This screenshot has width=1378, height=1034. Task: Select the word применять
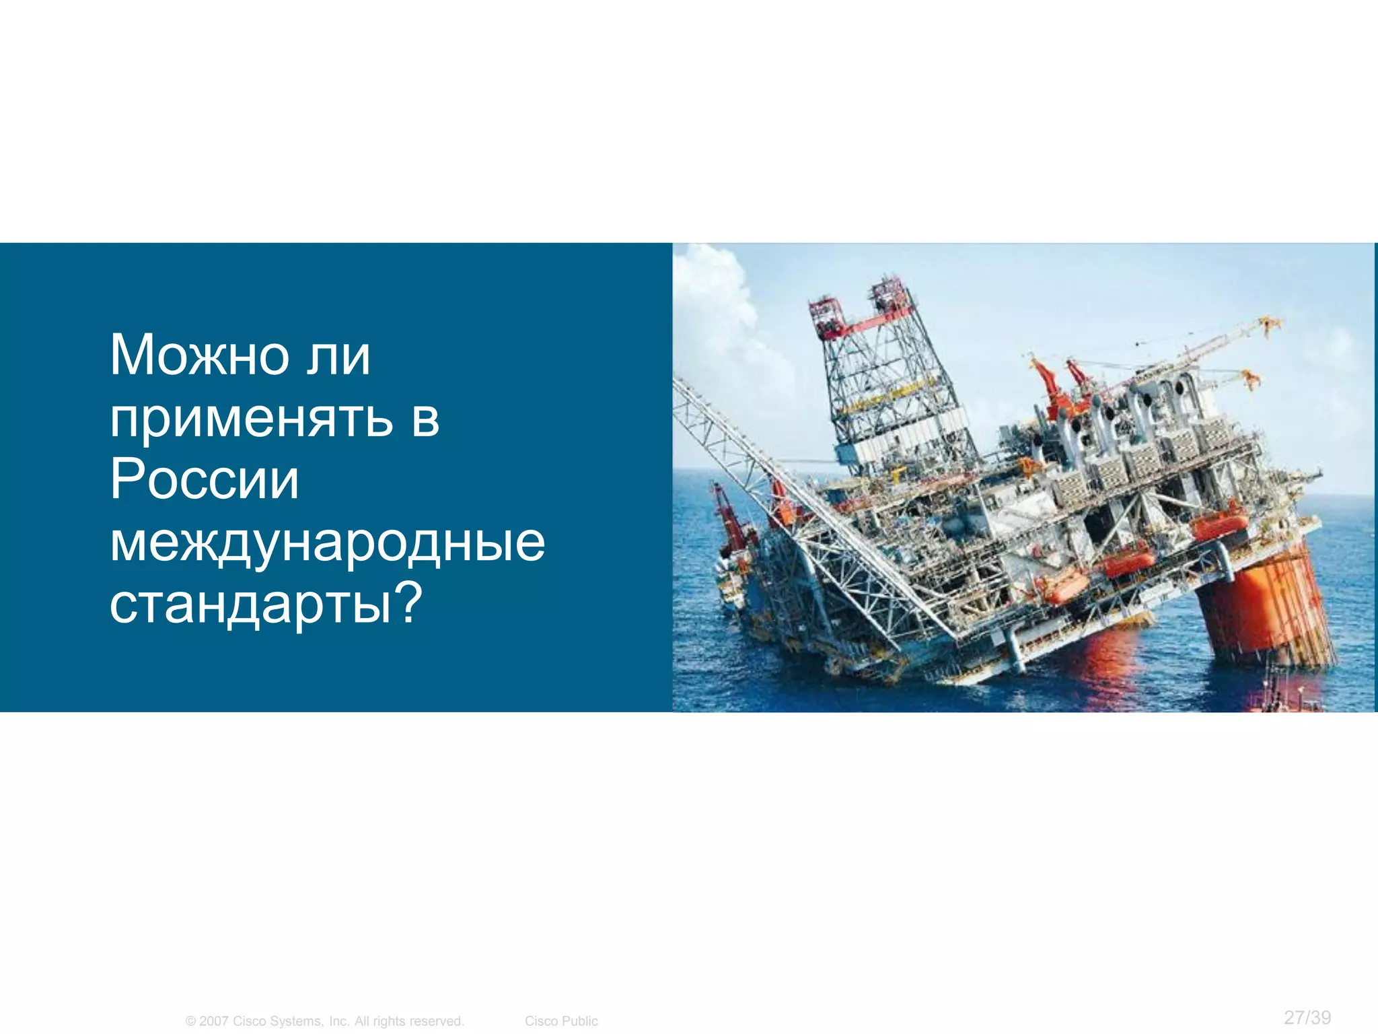251,419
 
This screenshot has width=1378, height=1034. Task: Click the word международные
327,543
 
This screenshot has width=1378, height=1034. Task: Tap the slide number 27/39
1307,1017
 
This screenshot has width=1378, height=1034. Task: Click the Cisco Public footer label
561,1021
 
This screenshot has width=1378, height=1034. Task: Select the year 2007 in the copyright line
214,1021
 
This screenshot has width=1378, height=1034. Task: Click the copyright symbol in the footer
190,1021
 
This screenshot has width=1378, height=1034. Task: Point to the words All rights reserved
409,1021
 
